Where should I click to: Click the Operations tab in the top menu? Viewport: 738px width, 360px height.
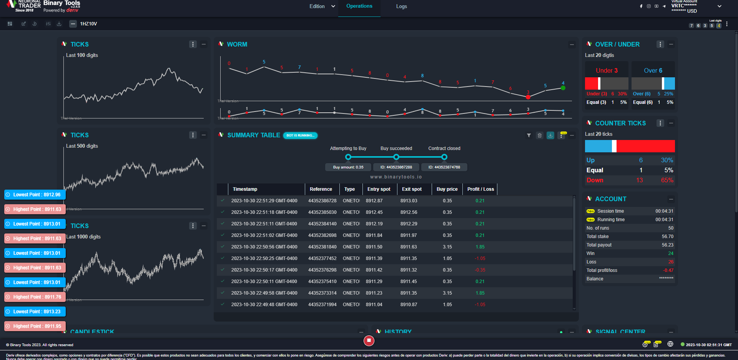[x=359, y=6]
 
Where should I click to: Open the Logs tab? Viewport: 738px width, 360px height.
[x=401, y=7]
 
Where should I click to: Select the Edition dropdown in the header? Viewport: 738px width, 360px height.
[x=322, y=7]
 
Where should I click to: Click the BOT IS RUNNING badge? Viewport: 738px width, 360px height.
[x=300, y=135]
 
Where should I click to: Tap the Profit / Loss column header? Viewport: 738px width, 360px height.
[x=480, y=189]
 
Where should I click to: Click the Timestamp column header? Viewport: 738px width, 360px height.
[x=245, y=189]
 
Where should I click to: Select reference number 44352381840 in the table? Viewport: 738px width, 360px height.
[x=322, y=247]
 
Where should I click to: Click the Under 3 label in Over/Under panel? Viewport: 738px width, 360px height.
[x=607, y=71]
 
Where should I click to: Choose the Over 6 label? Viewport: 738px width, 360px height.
[x=653, y=71]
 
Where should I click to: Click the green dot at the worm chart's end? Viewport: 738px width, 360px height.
[x=563, y=88]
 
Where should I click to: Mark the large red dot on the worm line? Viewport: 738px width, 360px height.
[x=528, y=97]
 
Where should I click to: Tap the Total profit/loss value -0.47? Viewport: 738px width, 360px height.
[x=668, y=270]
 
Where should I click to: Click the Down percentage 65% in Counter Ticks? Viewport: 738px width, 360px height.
[x=667, y=180]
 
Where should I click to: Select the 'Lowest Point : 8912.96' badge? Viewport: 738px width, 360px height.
[x=35, y=195]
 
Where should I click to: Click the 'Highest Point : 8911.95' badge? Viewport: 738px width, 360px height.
[x=35, y=326]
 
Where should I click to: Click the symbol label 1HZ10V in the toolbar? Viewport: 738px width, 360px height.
[x=88, y=24]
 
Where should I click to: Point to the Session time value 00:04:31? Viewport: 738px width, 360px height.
[x=664, y=211]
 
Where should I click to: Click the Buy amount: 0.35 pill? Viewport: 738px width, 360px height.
[x=348, y=167]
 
